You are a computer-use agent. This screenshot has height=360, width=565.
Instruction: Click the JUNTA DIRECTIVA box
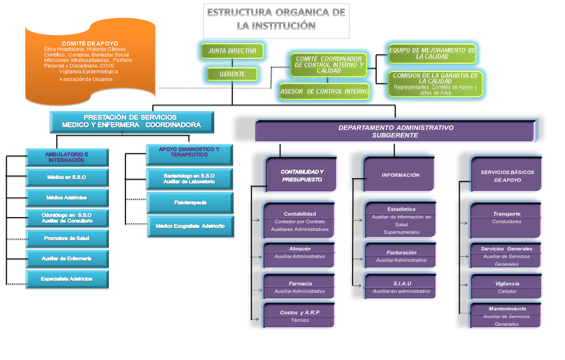point(232,51)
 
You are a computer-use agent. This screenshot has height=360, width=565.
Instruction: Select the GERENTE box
point(232,74)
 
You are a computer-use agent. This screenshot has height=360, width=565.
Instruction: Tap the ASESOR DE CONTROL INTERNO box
point(324,92)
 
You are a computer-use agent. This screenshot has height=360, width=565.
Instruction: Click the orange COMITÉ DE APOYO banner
point(90,61)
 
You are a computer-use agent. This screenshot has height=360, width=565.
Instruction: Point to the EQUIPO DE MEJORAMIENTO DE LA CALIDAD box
point(432,53)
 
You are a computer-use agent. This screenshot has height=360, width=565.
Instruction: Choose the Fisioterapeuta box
point(190,203)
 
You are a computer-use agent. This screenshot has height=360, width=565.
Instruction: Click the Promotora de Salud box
point(67,238)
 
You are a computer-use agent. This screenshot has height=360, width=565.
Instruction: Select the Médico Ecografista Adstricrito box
point(190,226)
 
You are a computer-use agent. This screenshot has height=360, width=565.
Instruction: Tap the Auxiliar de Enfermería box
point(67,259)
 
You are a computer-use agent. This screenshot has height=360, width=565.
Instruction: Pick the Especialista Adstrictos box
point(67,279)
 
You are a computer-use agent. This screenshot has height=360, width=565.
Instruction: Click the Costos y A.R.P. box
point(300,316)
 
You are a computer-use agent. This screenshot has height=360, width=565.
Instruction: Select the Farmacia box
point(300,287)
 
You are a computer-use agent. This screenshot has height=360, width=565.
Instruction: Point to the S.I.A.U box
point(401,287)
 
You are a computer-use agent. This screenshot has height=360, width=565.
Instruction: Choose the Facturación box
point(401,256)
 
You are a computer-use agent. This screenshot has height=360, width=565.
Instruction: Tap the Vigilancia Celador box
point(507,287)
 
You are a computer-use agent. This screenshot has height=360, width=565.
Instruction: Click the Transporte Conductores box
point(507,220)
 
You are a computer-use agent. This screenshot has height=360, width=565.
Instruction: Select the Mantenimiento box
point(507,316)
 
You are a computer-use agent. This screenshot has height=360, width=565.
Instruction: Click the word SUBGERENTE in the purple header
point(395,135)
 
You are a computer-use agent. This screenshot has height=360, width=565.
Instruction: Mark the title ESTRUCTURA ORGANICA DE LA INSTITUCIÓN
point(276,19)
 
